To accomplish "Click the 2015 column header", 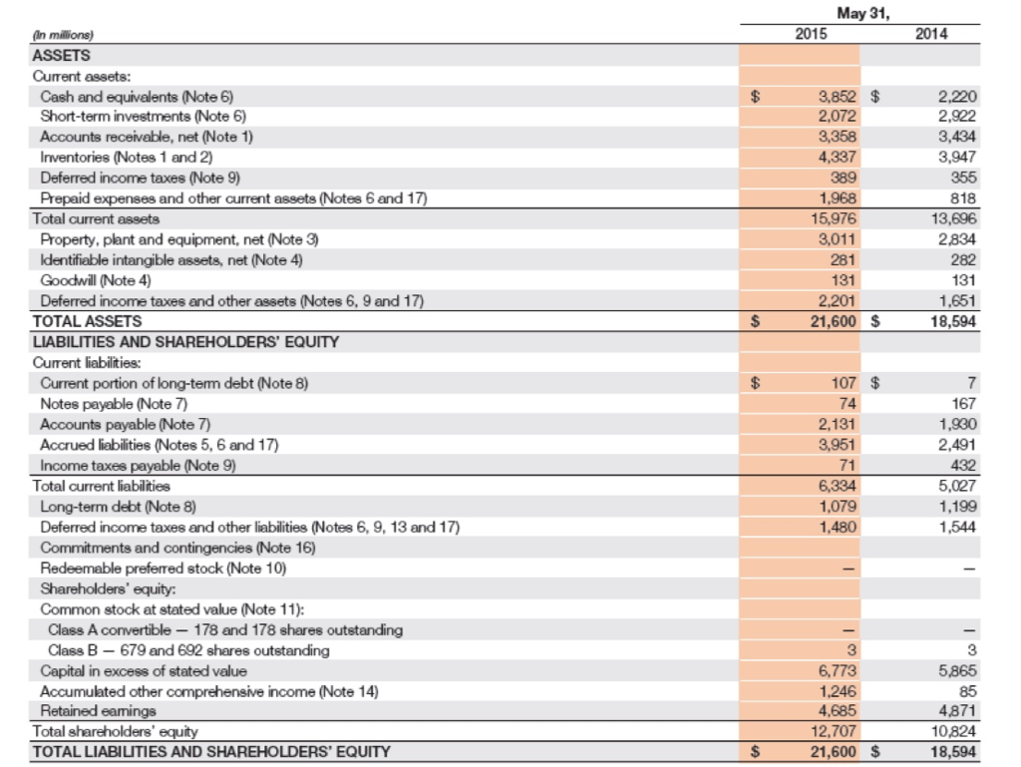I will (x=811, y=34).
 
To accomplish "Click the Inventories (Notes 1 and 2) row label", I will (x=127, y=157).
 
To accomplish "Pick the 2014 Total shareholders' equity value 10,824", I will (x=955, y=731).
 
